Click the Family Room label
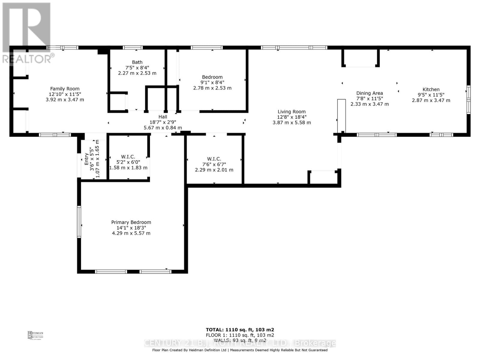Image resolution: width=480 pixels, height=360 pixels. tap(65, 89)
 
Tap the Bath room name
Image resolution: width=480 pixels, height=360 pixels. tap(137, 62)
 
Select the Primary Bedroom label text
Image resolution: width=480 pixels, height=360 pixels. tap(131, 222)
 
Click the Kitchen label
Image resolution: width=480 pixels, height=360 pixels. tap(431, 89)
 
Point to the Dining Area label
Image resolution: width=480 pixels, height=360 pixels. tap(369, 93)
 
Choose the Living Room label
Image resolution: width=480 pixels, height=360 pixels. tap(291, 112)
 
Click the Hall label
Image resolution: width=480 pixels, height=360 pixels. tap(163, 117)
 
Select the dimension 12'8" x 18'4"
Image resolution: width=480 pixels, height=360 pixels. tap(291, 117)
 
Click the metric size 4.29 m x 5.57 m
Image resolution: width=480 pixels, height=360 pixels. tap(131, 233)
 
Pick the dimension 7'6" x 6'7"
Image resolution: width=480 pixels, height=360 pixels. tap(214, 164)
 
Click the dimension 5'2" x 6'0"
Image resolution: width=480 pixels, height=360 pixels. tap(128, 162)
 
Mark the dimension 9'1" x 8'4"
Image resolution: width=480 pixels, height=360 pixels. tap(212, 82)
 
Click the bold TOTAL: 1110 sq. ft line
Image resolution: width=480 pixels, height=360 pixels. tap(240, 330)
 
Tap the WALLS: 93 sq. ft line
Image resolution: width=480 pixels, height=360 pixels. tap(240, 340)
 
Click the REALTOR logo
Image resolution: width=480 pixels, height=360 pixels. tap(27, 33)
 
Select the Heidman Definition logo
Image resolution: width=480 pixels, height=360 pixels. tap(35, 335)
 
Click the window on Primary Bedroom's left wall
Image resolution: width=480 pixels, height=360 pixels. tap(79, 222)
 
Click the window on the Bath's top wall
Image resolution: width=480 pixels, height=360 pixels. tap(133, 47)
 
